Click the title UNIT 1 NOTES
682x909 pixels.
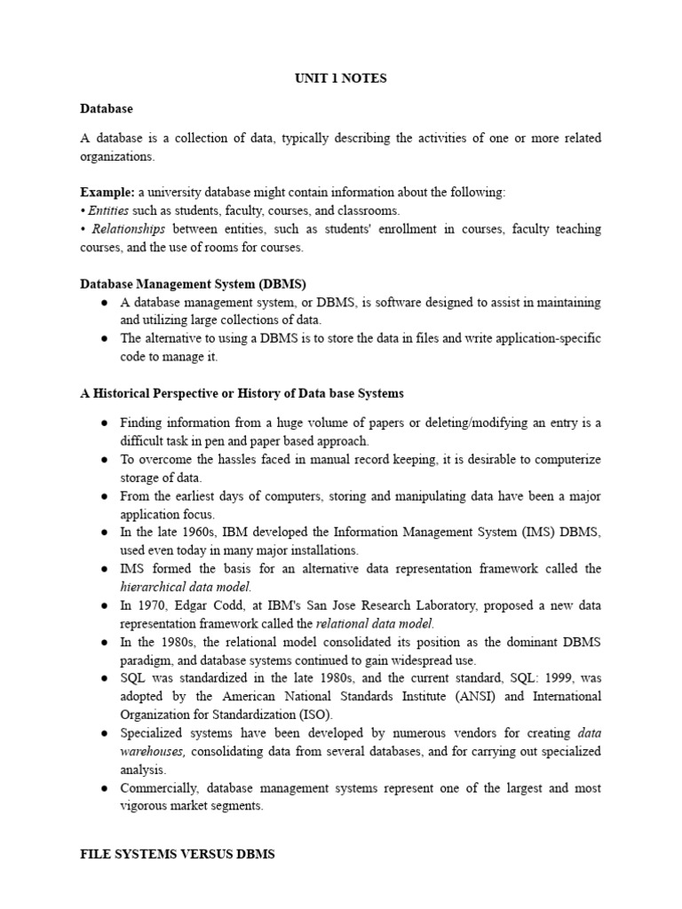tap(341, 79)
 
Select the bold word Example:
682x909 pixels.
tap(107, 192)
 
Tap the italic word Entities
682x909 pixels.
tap(108, 210)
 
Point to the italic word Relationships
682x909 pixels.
tap(124, 229)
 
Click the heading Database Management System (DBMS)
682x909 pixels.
tap(193, 284)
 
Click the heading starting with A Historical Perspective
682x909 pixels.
tap(242, 393)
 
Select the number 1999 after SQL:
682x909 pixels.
tap(534, 678)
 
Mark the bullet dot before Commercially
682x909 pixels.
tap(104, 788)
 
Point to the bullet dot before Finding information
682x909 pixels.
tap(104, 423)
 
